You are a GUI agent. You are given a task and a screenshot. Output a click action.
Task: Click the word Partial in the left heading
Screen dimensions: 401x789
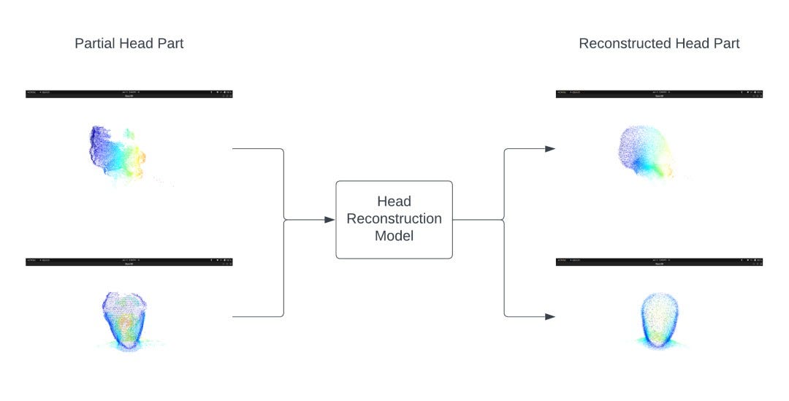93,44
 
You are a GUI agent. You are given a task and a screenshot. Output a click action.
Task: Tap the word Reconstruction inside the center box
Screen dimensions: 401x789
394,218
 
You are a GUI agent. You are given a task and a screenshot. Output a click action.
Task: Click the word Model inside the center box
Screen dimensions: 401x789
394,236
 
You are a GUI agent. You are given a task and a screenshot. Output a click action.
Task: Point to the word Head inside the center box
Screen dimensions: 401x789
394,201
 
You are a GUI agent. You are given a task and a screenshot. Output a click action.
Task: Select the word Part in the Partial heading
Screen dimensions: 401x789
169,44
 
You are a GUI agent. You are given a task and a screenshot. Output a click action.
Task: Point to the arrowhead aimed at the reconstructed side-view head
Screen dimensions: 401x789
550,149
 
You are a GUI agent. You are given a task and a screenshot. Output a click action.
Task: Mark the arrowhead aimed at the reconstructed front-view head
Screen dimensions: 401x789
550,316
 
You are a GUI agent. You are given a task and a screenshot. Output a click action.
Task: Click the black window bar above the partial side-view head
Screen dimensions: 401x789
129,93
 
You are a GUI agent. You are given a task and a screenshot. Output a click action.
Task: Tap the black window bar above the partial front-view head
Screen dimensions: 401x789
129,261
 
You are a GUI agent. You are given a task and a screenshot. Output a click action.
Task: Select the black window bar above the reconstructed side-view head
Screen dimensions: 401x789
659,93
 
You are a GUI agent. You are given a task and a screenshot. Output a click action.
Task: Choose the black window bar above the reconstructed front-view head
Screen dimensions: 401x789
659,261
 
